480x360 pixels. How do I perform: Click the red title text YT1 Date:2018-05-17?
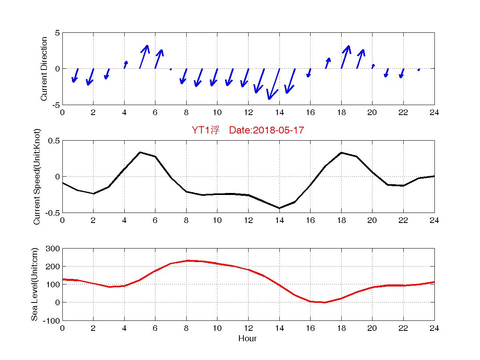click(248, 130)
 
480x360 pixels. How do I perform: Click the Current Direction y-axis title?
click(44, 69)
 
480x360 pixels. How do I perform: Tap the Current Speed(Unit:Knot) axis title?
click(37, 177)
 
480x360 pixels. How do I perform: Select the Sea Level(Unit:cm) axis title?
click(35, 284)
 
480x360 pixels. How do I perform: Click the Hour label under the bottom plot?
click(247, 339)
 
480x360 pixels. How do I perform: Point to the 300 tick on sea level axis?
click(53, 249)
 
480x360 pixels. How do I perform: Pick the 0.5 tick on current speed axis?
click(54, 141)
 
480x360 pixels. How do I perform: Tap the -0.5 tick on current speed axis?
click(53, 213)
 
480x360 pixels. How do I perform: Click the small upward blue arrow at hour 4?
click(125, 65)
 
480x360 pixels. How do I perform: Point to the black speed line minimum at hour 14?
click(279, 208)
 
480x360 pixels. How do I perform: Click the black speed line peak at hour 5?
click(140, 152)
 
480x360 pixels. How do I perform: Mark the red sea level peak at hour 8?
click(186, 261)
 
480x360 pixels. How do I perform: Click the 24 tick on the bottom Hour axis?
click(434, 328)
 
